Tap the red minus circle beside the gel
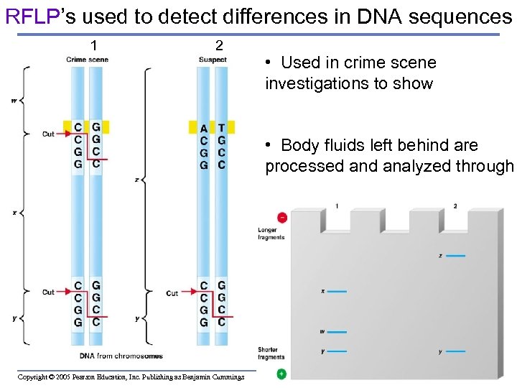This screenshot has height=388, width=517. click(282, 217)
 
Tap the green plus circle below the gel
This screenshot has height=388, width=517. click(281, 374)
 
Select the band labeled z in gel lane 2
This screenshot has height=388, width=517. click(455, 256)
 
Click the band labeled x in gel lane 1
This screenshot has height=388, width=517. click(337, 292)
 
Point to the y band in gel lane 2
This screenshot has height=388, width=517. click(455, 352)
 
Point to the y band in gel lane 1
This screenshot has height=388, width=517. click(337, 351)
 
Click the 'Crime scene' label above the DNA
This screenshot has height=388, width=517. click(87, 60)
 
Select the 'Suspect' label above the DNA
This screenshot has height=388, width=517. click(212, 60)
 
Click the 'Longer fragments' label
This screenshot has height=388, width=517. click(271, 234)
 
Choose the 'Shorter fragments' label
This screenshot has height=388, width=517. click(271, 354)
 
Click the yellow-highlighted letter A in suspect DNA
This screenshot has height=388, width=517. click(204, 129)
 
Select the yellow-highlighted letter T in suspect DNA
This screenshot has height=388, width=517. click(221, 129)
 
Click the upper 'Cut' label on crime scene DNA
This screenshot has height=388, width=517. click(48, 134)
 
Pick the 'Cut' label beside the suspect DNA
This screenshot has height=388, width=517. click(172, 293)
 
